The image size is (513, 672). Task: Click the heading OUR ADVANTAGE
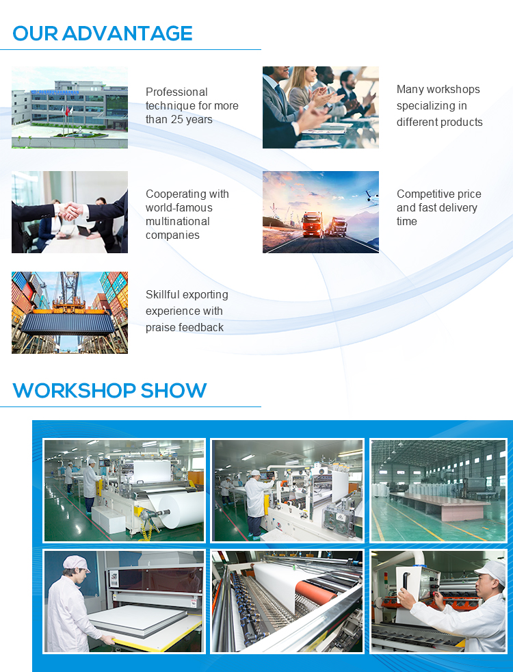click(x=103, y=33)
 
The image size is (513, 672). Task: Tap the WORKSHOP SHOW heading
click(x=109, y=390)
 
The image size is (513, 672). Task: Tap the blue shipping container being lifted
click(x=68, y=321)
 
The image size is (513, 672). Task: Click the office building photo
click(x=70, y=107)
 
